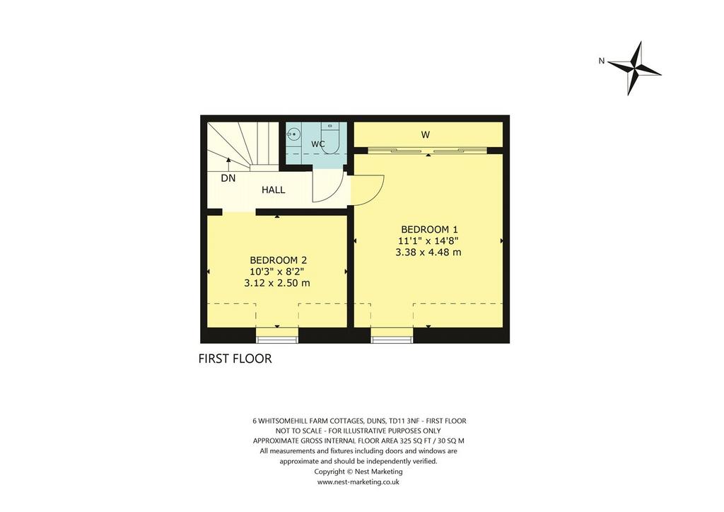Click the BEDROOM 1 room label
click(x=429, y=229)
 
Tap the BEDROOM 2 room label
click(x=278, y=260)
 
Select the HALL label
click(x=274, y=190)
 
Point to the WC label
click(x=318, y=144)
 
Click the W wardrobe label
click(x=425, y=135)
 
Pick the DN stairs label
click(x=228, y=178)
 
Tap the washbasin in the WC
click(x=293, y=134)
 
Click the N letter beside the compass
click(x=601, y=61)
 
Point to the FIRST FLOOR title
click(x=235, y=359)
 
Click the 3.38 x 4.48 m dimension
click(x=428, y=252)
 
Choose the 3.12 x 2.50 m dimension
click(x=277, y=283)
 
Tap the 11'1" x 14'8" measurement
click(x=428, y=241)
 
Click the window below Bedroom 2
click(x=277, y=339)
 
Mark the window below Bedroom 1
click(x=392, y=339)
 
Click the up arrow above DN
click(x=228, y=165)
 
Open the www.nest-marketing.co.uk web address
click(x=358, y=482)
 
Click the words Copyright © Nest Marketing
click(x=358, y=472)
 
